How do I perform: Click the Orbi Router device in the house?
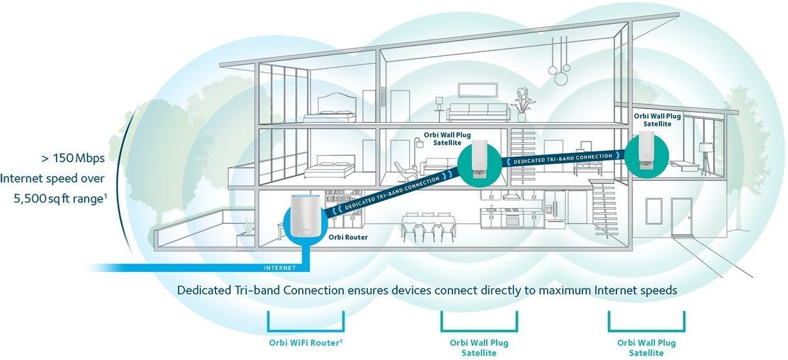[305, 216]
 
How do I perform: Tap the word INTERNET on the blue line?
[280, 268]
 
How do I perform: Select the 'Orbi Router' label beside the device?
[348, 237]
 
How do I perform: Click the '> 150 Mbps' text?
[73, 158]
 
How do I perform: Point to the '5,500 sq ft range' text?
[60, 199]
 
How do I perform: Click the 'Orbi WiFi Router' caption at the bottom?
[305, 342]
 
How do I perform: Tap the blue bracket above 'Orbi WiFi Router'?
[306, 322]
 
